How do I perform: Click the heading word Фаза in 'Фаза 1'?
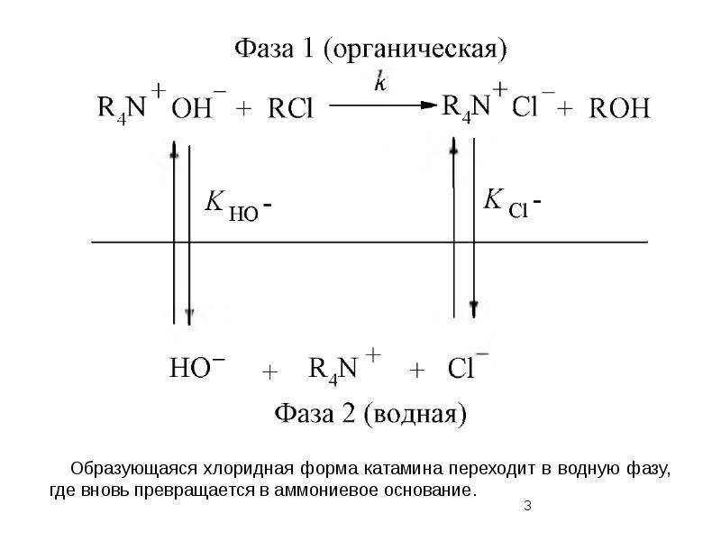pyautogui.click(x=264, y=48)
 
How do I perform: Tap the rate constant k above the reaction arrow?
pyautogui.click(x=380, y=81)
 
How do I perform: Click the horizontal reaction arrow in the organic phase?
pyautogui.click(x=383, y=105)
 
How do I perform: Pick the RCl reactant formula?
pyautogui.click(x=290, y=108)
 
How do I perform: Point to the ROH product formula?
pyautogui.click(x=619, y=108)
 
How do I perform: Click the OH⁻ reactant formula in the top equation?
pyautogui.click(x=198, y=104)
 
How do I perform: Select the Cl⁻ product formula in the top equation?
pyautogui.click(x=533, y=104)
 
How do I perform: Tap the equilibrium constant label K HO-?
pyautogui.click(x=238, y=206)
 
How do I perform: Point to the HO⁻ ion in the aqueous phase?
pyautogui.click(x=197, y=367)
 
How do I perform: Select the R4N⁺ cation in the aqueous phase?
pyautogui.click(x=344, y=367)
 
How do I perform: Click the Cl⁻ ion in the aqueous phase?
pyautogui.click(x=468, y=365)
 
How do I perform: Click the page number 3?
pyautogui.click(x=527, y=506)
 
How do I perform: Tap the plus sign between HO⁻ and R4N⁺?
pyautogui.click(x=269, y=371)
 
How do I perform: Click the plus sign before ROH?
pyautogui.click(x=565, y=109)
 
